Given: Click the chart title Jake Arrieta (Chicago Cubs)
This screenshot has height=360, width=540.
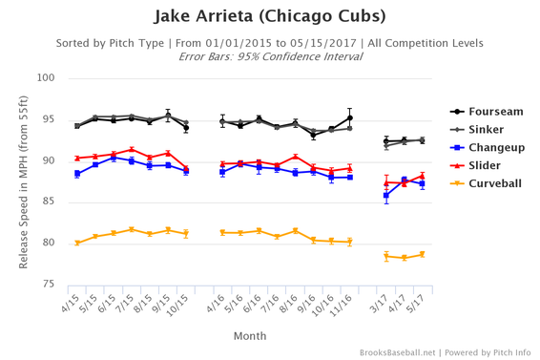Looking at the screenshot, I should (x=270, y=17).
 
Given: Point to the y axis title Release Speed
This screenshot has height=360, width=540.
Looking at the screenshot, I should (x=24, y=181).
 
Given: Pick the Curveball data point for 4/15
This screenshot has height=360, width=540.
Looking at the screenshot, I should (x=77, y=243).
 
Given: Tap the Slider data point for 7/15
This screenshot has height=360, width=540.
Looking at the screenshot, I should (x=132, y=150).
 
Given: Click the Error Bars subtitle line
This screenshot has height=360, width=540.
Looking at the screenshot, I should (x=270, y=56).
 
